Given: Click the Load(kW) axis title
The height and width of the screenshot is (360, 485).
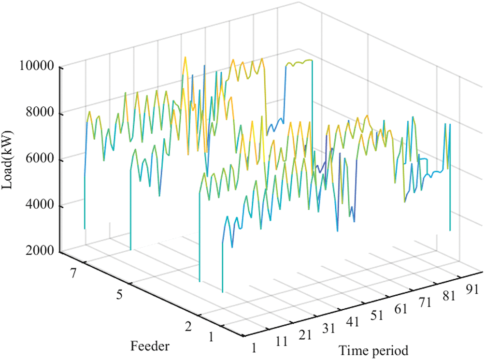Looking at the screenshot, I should click(x=11, y=159).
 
